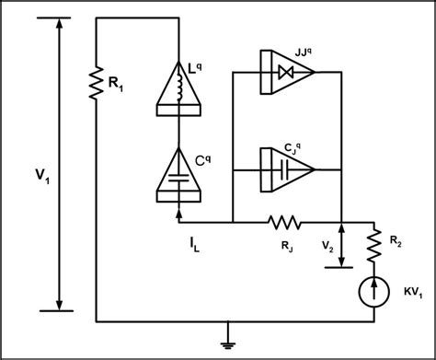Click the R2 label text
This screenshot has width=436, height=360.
coord(396,241)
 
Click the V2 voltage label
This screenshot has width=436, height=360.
coord(327,246)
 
